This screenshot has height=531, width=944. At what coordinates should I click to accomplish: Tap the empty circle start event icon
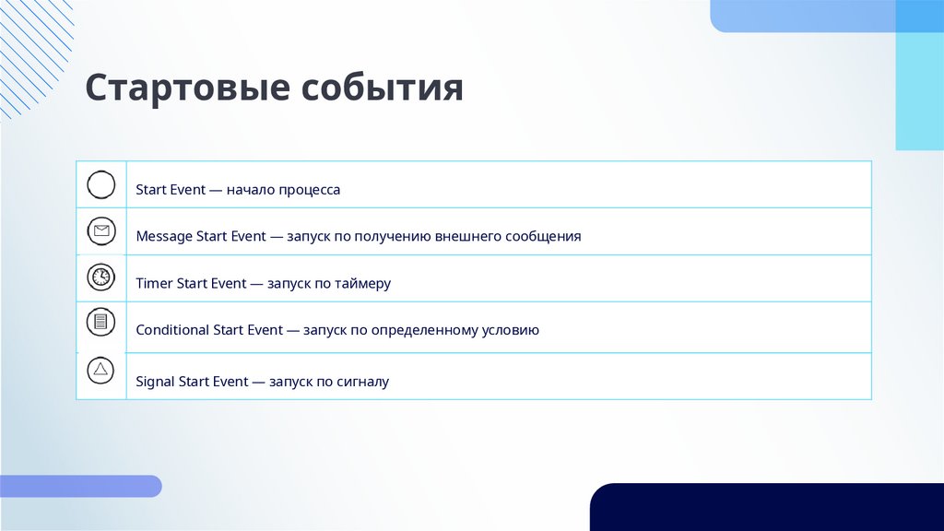100,184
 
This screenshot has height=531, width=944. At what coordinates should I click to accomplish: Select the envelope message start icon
100,230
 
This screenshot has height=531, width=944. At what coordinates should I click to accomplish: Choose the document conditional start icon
100,322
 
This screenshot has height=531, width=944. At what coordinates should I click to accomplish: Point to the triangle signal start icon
100,371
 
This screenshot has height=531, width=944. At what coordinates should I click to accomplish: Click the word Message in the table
164,236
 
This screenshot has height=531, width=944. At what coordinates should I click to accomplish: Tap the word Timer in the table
154,283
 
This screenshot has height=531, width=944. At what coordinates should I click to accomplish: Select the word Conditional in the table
172,330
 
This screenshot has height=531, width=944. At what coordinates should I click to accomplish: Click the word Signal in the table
155,382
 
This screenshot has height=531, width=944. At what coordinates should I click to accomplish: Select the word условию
511,330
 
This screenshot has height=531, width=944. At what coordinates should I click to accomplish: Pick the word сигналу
361,382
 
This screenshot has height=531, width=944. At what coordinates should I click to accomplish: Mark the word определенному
423,330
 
